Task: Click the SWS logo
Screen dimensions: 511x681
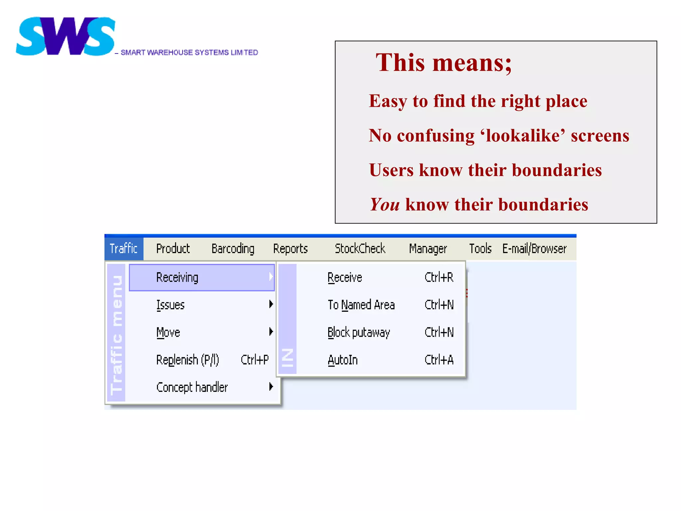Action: point(66,36)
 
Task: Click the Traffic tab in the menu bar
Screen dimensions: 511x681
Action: point(124,249)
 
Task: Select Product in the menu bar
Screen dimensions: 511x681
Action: point(173,249)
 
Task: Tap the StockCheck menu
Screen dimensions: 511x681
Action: point(360,249)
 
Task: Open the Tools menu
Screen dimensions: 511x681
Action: point(480,249)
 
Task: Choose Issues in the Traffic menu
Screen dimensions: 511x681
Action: point(171,305)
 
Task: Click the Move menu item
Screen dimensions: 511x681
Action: point(168,332)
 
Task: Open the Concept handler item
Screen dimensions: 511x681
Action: point(192,387)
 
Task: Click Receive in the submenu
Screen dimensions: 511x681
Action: point(345,277)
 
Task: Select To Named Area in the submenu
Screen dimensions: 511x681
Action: point(361,305)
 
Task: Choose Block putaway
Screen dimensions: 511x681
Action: point(358,332)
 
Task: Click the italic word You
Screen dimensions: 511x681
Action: point(384,204)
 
